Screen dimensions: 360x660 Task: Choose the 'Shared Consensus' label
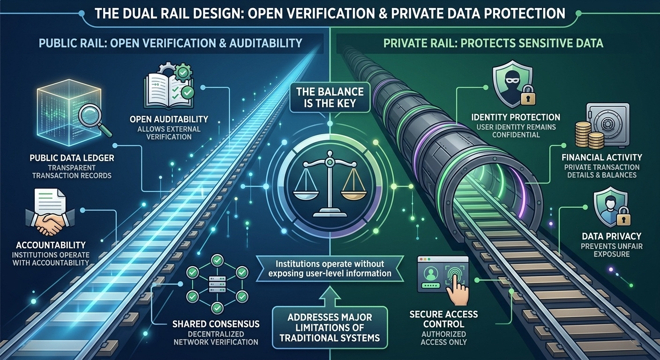point(216,324)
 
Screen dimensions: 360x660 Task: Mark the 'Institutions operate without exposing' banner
point(330,268)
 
